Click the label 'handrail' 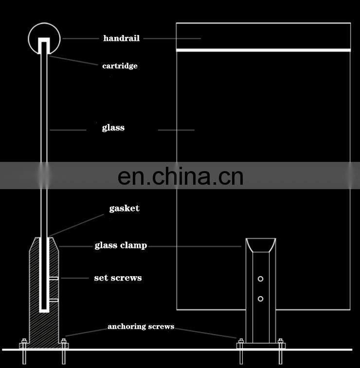(x=121, y=38)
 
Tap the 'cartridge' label (x=120, y=66)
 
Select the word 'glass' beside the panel (x=113, y=128)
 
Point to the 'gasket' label (x=124, y=208)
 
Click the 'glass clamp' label (x=121, y=245)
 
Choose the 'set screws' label (x=118, y=278)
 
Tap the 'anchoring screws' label (x=141, y=327)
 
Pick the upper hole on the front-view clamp (x=261, y=279)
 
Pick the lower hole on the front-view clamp (x=261, y=298)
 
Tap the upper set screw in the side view (x=54, y=278)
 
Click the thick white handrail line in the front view (x=263, y=50)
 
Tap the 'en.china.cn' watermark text (x=180, y=176)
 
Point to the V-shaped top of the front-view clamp (x=261, y=245)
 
